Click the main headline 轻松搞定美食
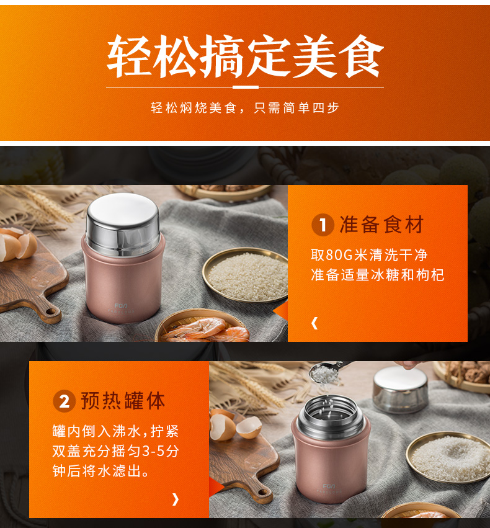coord(246,56)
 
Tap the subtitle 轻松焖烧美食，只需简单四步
coord(244,108)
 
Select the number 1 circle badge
coord(323,225)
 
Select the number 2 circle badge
coord(64,401)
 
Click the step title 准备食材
coord(381,225)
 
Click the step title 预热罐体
coord(123,401)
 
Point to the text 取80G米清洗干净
coord(369,255)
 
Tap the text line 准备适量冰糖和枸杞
coord(378,275)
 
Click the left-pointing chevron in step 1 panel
coord(314,323)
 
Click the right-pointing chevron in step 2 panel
coord(176,499)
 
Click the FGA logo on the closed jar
coord(121,306)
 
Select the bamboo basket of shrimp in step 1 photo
coord(203,326)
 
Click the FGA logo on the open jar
coord(329,486)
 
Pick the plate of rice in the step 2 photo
coord(448,457)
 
